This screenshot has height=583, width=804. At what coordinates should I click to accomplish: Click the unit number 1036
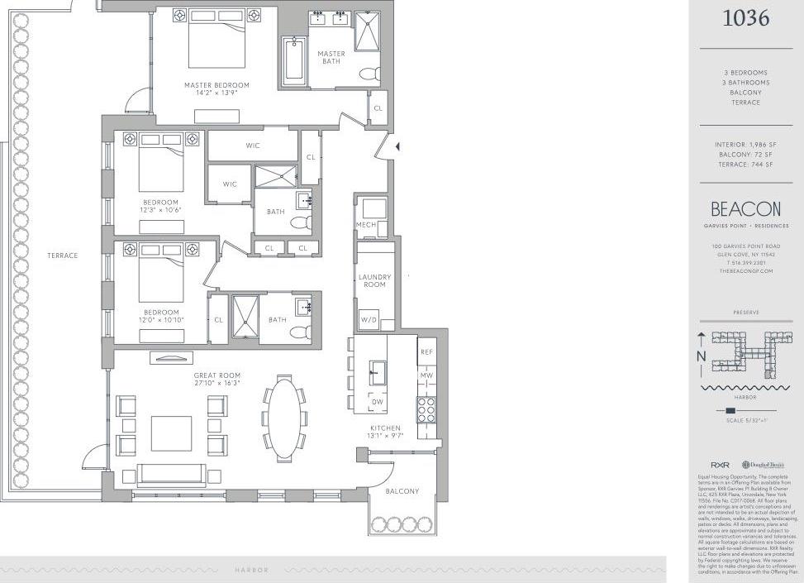tap(745, 17)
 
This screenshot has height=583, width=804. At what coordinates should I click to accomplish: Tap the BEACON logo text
tap(745, 209)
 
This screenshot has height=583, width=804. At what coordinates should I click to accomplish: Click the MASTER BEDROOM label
tap(216, 85)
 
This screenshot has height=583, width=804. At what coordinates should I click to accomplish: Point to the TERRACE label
tap(62, 256)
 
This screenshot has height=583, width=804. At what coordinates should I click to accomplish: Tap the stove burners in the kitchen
tap(426, 410)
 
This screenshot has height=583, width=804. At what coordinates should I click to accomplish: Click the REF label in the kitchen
tap(426, 352)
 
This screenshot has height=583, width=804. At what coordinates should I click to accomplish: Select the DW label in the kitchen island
tap(378, 402)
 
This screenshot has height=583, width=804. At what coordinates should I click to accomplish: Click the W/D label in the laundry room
tap(368, 320)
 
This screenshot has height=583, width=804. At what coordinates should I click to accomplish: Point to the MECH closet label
tap(366, 226)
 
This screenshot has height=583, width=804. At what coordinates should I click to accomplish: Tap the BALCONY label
tap(402, 491)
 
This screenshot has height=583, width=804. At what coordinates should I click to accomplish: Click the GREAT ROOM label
tap(217, 376)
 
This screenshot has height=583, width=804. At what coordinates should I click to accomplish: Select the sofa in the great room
tap(170, 474)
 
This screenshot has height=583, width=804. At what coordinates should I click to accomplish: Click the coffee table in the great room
tap(171, 433)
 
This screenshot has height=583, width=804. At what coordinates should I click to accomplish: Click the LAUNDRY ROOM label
tap(374, 281)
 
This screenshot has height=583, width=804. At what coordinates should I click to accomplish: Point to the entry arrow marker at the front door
tap(397, 146)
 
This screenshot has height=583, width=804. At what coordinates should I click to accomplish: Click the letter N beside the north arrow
tap(701, 356)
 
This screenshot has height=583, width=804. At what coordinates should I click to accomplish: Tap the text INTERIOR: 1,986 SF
tap(745, 145)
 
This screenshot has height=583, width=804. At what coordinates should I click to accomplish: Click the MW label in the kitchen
tap(426, 376)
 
